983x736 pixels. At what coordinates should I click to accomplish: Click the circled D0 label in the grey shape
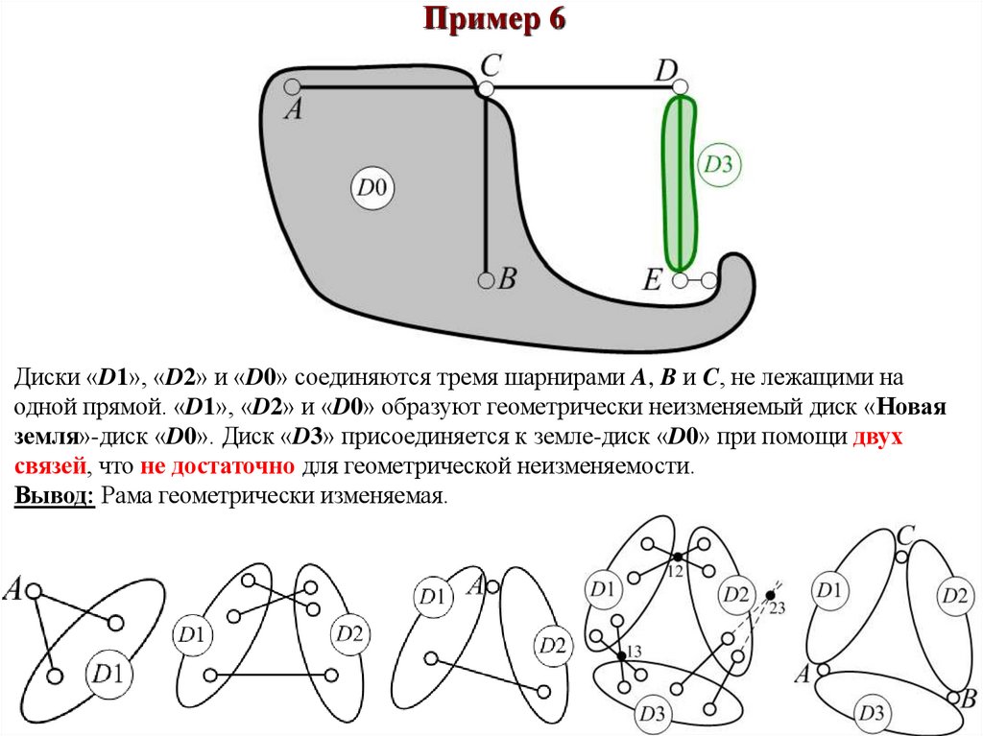pyautogui.click(x=372, y=188)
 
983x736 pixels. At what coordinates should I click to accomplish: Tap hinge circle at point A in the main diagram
pyautogui.click(x=292, y=86)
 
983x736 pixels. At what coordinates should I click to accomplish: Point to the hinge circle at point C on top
pyautogui.click(x=486, y=88)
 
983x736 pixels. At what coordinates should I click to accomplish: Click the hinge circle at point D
pyautogui.click(x=680, y=88)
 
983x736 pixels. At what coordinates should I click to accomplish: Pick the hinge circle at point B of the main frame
pyautogui.click(x=486, y=281)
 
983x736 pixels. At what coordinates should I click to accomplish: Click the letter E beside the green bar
pyautogui.click(x=653, y=281)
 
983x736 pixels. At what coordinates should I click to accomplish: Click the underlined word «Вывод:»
pyautogui.click(x=54, y=496)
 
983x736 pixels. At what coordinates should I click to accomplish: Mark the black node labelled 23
pyautogui.click(x=770, y=596)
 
